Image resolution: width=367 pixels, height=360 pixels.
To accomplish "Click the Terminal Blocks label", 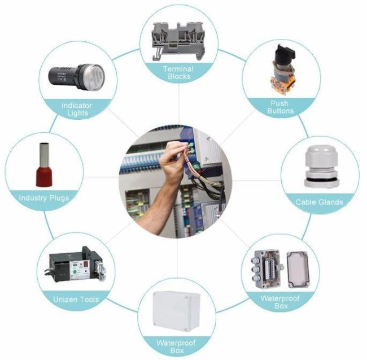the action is pyautogui.click(x=178, y=72).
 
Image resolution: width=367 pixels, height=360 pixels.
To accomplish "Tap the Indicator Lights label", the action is pyautogui.click(x=77, y=109).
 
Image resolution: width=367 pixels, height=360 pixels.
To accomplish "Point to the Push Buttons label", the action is pyautogui.click(x=280, y=107).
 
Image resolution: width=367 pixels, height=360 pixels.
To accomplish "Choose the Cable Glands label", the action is pyautogui.click(x=319, y=202).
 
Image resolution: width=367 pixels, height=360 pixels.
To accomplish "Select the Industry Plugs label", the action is pyautogui.click(x=44, y=198).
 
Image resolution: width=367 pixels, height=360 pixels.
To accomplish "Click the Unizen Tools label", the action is pyautogui.click(x=76, y=300).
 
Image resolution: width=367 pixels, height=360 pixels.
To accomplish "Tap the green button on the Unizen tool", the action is pyautogui.click(x=75, y=272).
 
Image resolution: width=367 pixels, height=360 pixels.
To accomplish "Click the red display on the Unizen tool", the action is pyautogui.click(x=86, y=264).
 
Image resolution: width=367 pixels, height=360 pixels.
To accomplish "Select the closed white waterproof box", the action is pyautogui.click(x=176, y=311).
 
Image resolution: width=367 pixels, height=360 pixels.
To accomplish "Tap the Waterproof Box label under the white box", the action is pyautogui.click(x=176, y=346).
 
